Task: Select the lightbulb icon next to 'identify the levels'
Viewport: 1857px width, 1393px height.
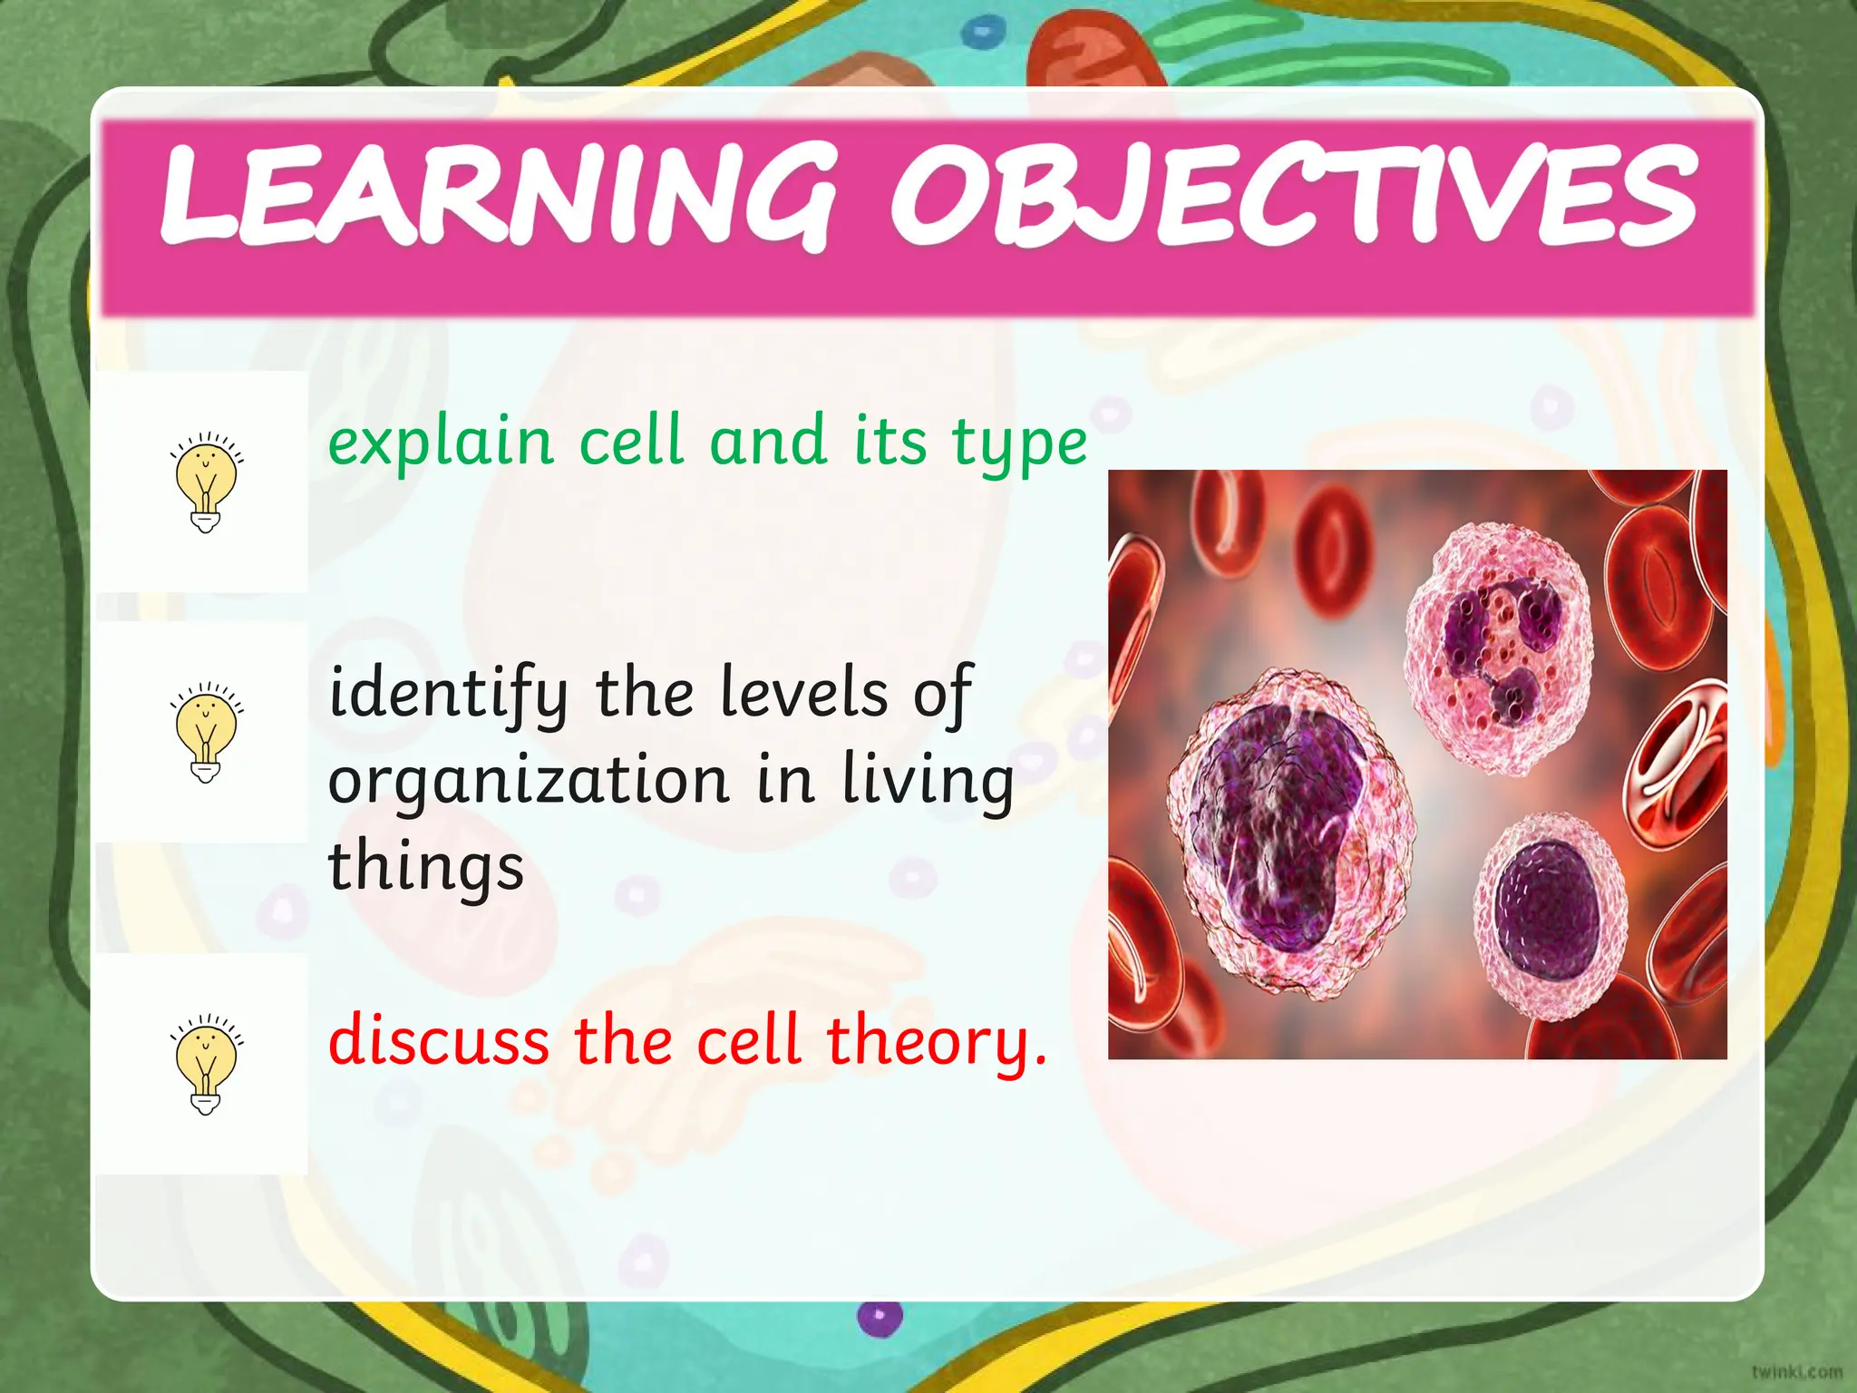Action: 206,732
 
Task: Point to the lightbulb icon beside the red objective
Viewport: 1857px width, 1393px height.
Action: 206,1064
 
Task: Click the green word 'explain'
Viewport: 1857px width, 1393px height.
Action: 441,443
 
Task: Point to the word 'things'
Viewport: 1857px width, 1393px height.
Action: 425,867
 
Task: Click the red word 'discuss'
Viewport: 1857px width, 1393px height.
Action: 439,1040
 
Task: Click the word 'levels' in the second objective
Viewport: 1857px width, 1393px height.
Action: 803,693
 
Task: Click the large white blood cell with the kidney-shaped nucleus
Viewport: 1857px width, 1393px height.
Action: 1288,830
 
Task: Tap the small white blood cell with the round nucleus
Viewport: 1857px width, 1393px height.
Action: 1549,916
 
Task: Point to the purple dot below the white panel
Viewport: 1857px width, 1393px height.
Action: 880,1317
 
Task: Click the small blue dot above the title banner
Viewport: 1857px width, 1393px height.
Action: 977,34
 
